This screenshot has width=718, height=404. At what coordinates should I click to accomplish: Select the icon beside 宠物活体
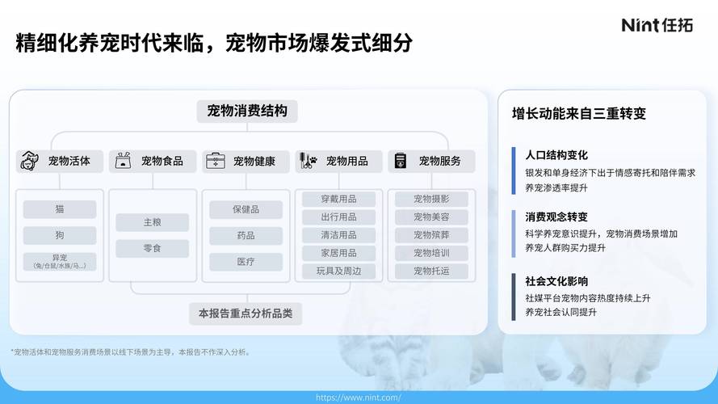pyautogui.click(x=29, y=161)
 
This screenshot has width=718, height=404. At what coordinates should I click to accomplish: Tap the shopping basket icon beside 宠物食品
pyautogui.click(x=123, y=161)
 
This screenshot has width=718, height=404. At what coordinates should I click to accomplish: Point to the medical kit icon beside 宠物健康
pyautogui.click(x=215, y=161)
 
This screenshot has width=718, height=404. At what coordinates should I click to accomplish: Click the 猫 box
pyautogui.click(x=60, y=209)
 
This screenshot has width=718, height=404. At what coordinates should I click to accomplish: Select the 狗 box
pyautogui.click(x=60, y=235)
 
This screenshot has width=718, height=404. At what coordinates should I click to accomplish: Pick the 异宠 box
pyautogui.click(x=60, y=261)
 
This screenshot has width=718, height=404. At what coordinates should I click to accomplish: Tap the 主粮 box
pyautogui.click(x=153, y=222)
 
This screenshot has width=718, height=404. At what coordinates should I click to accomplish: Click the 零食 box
pyautogui.click(x=153, y=248)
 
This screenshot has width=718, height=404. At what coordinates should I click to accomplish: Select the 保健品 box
pyautogui.click(x=246, y=209)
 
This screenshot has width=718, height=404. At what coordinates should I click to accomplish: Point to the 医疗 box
pyautogui.click(x=246, y=262)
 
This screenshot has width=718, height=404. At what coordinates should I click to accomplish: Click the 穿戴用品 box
pyautogui.click(x=338, y=199)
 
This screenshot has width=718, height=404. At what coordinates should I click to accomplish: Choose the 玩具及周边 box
pyautogui.click(x=338, y=271)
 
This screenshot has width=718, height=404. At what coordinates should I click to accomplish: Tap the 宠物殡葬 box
pyautogui.click(x=431, y=235)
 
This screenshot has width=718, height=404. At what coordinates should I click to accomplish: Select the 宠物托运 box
pyautogui.click(x=431, y=271)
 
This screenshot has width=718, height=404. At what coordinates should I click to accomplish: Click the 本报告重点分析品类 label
pyautogui.click(x=246, y=314)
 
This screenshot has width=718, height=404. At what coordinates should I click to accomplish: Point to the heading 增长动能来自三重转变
pyautogui.click(x=579, y=114)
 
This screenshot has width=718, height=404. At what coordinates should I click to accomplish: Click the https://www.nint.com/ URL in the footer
pyautogui.click(x=358, y=398)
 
